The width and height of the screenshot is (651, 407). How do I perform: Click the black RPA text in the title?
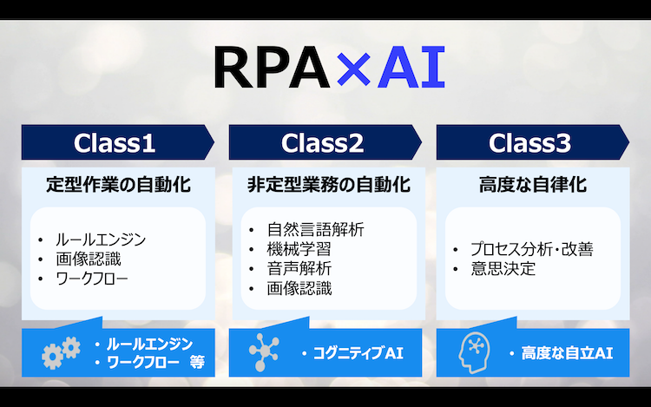(x=272, y=67)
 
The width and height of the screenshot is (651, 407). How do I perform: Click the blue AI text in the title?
(x=411, y=67)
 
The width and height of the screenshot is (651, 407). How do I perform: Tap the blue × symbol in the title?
(x=353, y=69)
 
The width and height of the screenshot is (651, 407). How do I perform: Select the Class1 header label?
(x=115, y=142)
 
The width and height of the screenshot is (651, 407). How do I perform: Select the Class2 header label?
(x=322, y=142)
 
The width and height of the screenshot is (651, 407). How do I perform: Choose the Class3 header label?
(x=529, y=142)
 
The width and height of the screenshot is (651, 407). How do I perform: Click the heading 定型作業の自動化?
(x=118, y=185)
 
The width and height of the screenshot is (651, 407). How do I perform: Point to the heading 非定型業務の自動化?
(x=329, y=185)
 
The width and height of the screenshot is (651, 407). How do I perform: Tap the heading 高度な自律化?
(x=533, y=185)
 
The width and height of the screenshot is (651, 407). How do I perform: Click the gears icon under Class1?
(x=61, y=352)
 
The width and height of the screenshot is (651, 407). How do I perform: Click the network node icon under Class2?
(x=264, y=351)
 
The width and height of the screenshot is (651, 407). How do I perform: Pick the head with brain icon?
(x=474, y=352)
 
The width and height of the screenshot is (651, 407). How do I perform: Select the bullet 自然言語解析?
(x=316, y=229)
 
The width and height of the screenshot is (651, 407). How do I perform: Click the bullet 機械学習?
(x=299, y=249)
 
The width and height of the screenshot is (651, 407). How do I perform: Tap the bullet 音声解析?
(x=299, y=268)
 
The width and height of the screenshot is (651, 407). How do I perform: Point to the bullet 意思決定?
(x=503, y=268)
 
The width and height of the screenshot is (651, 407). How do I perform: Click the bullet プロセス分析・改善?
(x=532, y=249)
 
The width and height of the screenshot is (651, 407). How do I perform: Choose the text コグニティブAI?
(x=358, y=353)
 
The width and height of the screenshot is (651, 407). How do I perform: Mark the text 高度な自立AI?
(x=567, y=353)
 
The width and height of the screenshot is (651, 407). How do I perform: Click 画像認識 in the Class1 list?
(x=89, y=259)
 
